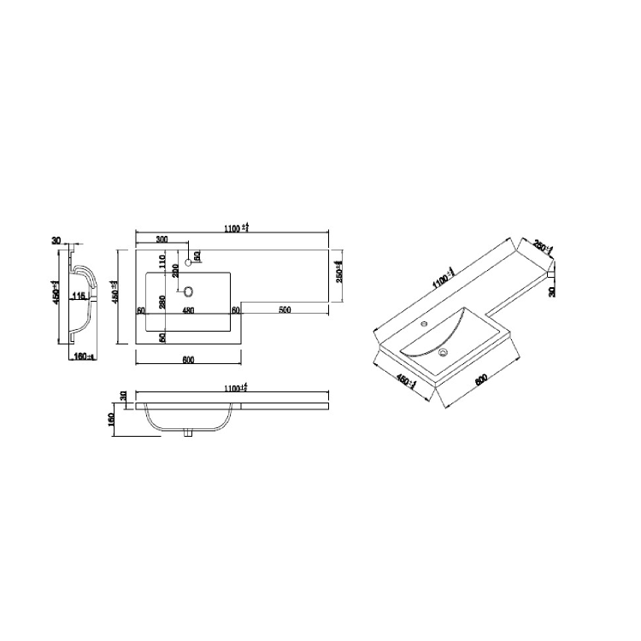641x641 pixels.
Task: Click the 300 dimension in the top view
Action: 161,239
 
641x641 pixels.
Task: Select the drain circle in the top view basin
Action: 189,291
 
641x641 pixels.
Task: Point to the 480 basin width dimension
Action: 188,310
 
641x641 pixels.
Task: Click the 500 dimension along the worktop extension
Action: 285,309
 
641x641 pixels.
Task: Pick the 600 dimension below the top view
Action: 188,360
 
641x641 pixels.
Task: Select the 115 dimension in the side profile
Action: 79,297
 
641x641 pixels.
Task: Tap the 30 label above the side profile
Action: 56,242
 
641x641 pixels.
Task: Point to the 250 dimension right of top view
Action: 339,272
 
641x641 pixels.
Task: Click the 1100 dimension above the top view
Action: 236,227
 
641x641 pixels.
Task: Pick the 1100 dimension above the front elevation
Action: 236,389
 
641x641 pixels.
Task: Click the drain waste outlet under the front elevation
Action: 189,434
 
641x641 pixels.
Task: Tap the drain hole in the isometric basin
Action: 444,351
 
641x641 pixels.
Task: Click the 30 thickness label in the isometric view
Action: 552,291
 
